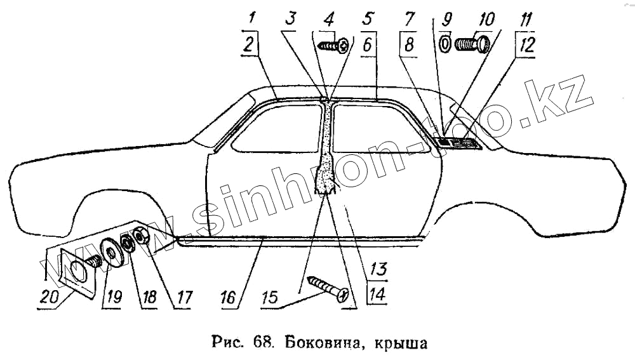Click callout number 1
pyautogui.click(x=252, y=17)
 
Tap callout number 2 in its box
pyautogui.click(x=251, y=44)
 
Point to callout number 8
pyautogui.click(x=410, y=44)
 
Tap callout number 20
pyautogui.click(x=48, y=297)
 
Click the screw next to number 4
pyautogui.click(x=335, y=45)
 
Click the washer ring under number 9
pyautogui.click(x=445, y=44)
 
